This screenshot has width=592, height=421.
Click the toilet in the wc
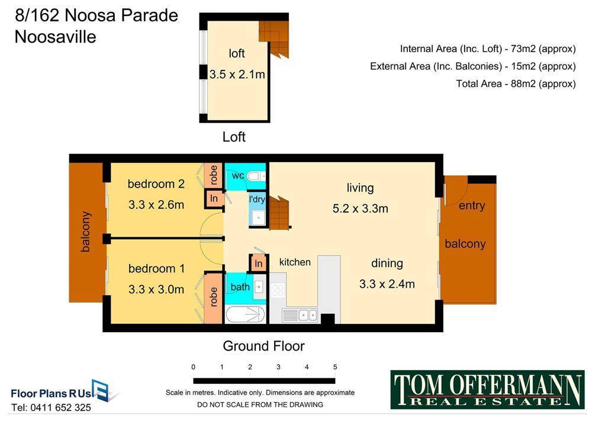(258, 176)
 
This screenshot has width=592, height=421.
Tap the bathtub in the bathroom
(245, 314)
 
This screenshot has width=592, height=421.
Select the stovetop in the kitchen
(278, 290)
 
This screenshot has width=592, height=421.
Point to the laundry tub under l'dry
(259, 217)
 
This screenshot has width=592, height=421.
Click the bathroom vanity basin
(259, 287)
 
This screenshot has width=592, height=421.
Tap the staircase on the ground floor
(280, 213)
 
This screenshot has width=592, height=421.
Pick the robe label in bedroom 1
(213, 297)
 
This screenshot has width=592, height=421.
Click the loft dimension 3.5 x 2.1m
(237, 75)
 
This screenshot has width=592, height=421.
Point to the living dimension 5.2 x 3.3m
(360, 208)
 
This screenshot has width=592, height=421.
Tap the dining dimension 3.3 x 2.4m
(387, 284)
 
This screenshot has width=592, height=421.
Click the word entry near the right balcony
(472, 206)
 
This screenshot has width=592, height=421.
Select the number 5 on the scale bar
(335, 367)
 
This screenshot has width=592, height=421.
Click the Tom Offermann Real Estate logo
(487, 390)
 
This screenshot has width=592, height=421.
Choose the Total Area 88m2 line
(516, 83)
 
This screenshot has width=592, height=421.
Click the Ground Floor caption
(263, 346)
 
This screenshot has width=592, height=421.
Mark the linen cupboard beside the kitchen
(259, 263)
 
